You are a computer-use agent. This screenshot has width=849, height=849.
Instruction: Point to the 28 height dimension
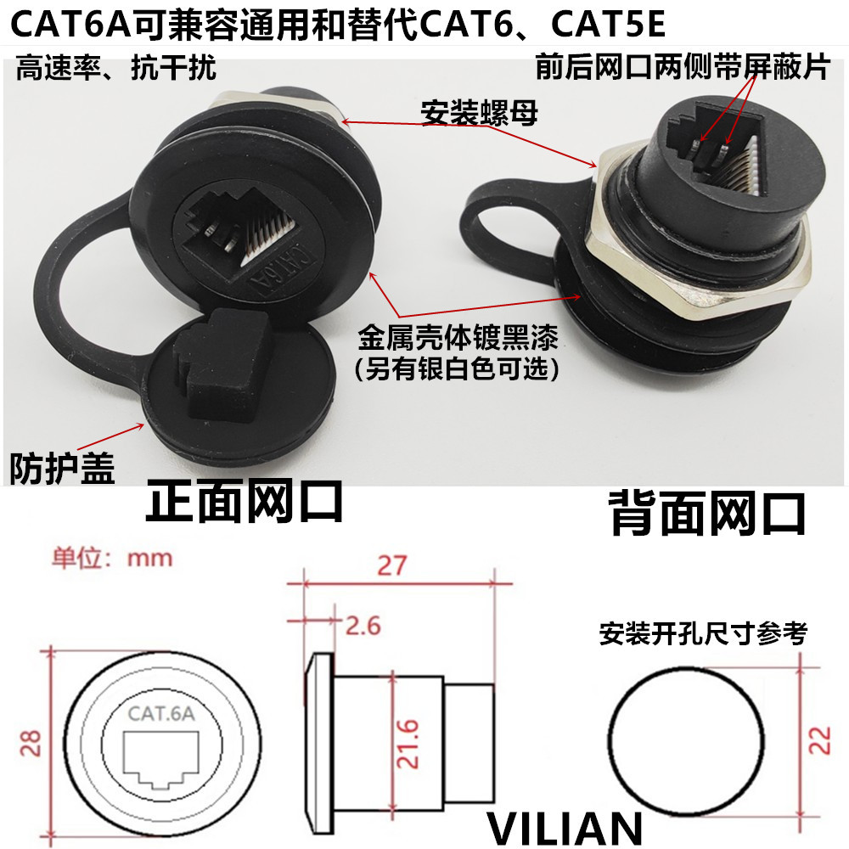(x=31, y=744)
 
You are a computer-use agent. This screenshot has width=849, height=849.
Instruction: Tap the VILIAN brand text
(x=565, y=827)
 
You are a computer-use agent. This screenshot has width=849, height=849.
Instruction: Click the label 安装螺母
(x=480, y=113)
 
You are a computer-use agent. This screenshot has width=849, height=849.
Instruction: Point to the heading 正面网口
(x=245, y=503)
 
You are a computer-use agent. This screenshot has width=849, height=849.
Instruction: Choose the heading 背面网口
(x=707, y=514)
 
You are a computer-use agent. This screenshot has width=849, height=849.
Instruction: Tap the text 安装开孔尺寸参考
(x=703, y=633)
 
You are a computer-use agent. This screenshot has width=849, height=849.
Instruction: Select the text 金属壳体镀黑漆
(x=459, y=341)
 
